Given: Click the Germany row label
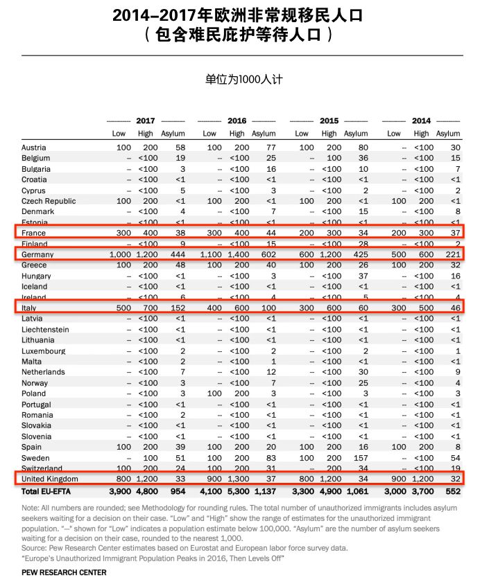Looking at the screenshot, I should click(x=37, y=254).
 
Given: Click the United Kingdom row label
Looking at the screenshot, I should click(x=50, y=479).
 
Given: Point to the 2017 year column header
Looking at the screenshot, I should click(x=145, y=121).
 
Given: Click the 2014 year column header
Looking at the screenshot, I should click(x=421, y=121).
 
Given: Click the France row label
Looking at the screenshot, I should click(x=35, y=233).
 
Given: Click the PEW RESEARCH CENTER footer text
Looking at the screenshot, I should click(x=63, y=573).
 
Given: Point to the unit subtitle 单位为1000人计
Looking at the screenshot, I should click(x=244, y=80).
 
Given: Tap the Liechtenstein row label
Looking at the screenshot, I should click(x=45, y=329).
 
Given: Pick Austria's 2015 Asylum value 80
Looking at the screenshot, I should click(x=363, y=148).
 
